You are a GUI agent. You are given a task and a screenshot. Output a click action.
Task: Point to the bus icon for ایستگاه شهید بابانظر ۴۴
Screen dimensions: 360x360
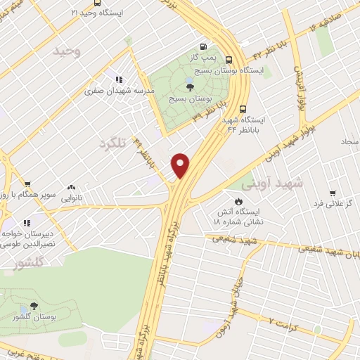tap(243, 109)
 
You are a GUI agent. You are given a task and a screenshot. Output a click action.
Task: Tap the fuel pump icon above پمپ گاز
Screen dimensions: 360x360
tap(203, 41)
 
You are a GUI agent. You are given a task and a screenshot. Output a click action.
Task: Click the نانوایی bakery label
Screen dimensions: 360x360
tap(70, 199)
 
